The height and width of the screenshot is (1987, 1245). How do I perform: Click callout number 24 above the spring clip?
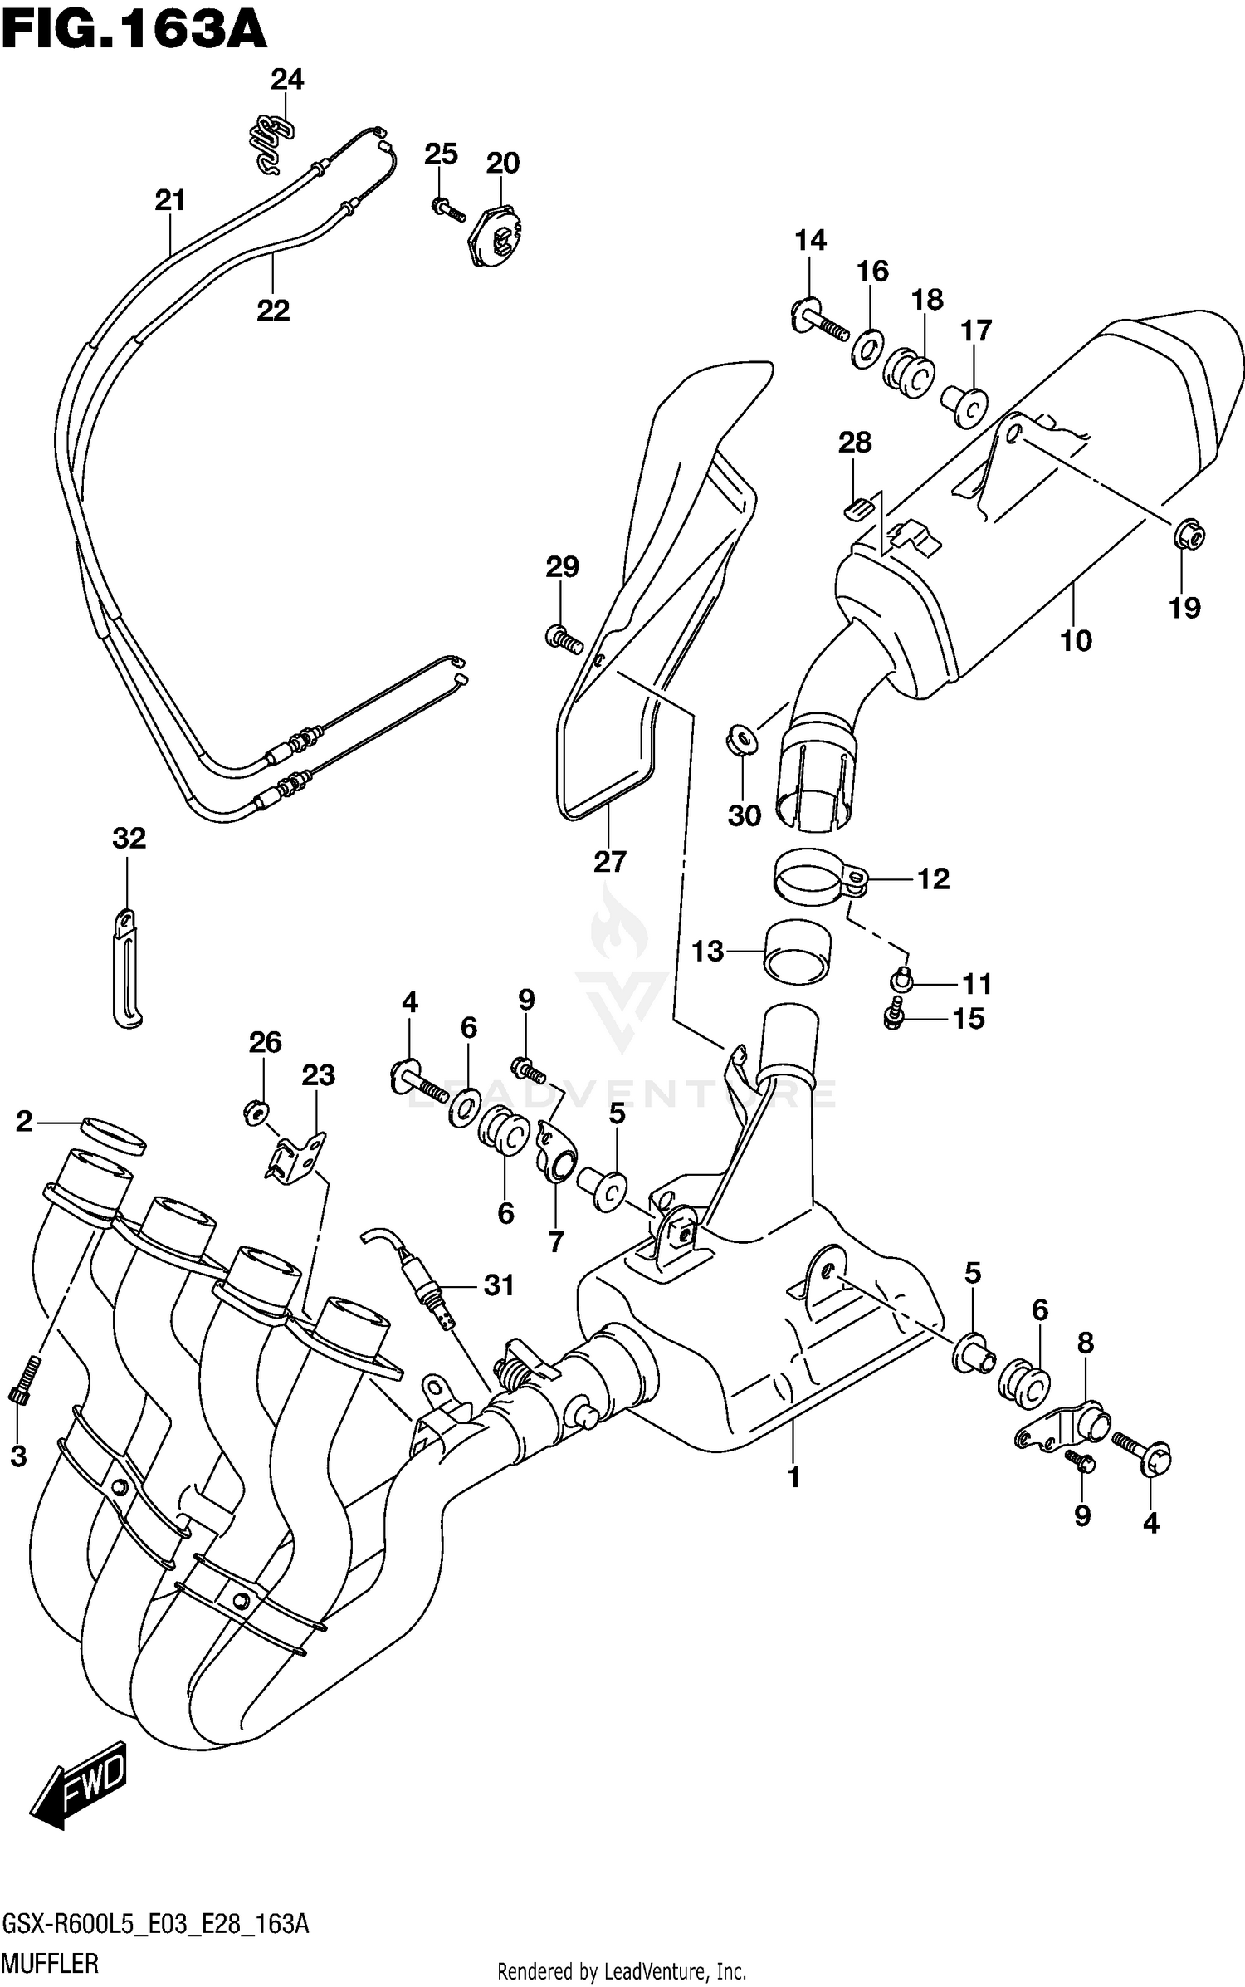(287, 80)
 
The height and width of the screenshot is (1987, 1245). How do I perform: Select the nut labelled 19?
(1189, 538)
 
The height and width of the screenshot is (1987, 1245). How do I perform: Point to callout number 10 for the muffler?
(1076, 640)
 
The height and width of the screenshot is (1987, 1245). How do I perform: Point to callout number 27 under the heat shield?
(609, 862)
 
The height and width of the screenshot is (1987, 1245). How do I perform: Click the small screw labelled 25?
(448, 208)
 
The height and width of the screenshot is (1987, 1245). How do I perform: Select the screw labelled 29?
(564, 639)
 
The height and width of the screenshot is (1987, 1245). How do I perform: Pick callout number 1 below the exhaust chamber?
(793, 1477)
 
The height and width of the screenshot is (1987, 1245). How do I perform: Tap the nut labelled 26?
(256, 1109)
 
